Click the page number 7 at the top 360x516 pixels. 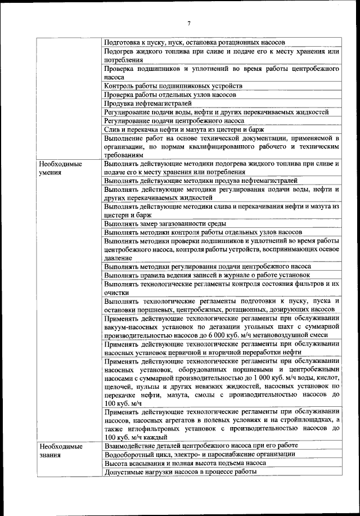189,23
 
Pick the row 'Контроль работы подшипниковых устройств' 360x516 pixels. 173,86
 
